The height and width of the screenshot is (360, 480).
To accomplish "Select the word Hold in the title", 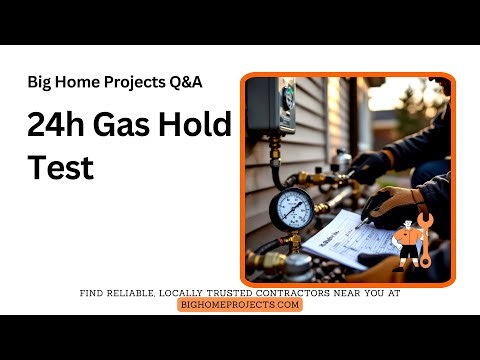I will (200, 125).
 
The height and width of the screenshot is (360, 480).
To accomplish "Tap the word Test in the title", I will (60, 167).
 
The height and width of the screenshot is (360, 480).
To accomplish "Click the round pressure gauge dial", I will (293, 209).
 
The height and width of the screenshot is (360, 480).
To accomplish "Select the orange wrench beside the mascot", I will (426, 238).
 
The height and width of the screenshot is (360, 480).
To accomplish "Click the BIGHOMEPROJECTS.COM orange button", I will (240, 304).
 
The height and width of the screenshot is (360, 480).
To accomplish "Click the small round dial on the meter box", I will (287, 96).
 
